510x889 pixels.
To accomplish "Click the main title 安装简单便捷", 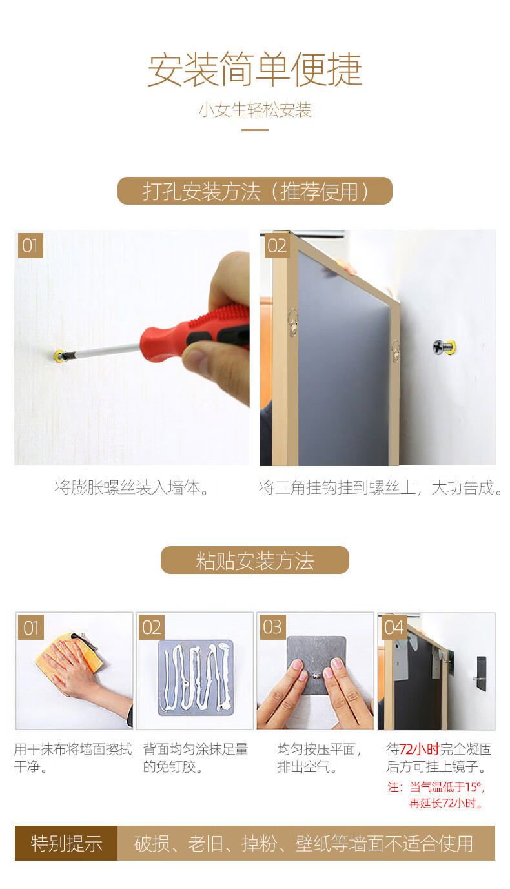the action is [x=255, y=69].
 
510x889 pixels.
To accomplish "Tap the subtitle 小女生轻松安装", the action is [x=255, y=110].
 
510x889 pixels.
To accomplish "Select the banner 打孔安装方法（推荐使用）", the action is [x=255, y=191].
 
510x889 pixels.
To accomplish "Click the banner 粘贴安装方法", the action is [x=255, y=560].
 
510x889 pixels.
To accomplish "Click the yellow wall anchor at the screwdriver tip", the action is [x=59, y=355].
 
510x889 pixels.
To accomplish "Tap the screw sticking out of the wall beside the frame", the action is [x=444, y=347].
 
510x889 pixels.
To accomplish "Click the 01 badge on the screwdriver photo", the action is [x=30, y=246].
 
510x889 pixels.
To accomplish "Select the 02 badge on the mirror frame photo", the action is [x=277, y=246].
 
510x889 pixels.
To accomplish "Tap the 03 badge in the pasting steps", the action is [x=272, y=627].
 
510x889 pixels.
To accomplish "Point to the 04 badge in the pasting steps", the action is [x=394, y=627].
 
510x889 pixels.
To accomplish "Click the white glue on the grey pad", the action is [x=196, y=677].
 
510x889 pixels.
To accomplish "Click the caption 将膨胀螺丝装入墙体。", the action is [x=132, y=488].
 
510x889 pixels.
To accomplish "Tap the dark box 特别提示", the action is [x=66, y=843].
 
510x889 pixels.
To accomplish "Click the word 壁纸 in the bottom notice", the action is [x=312, y=844].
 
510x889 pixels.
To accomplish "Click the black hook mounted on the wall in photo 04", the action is [x=481, y=672].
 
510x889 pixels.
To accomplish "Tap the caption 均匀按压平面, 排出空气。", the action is [x=320, y=758].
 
